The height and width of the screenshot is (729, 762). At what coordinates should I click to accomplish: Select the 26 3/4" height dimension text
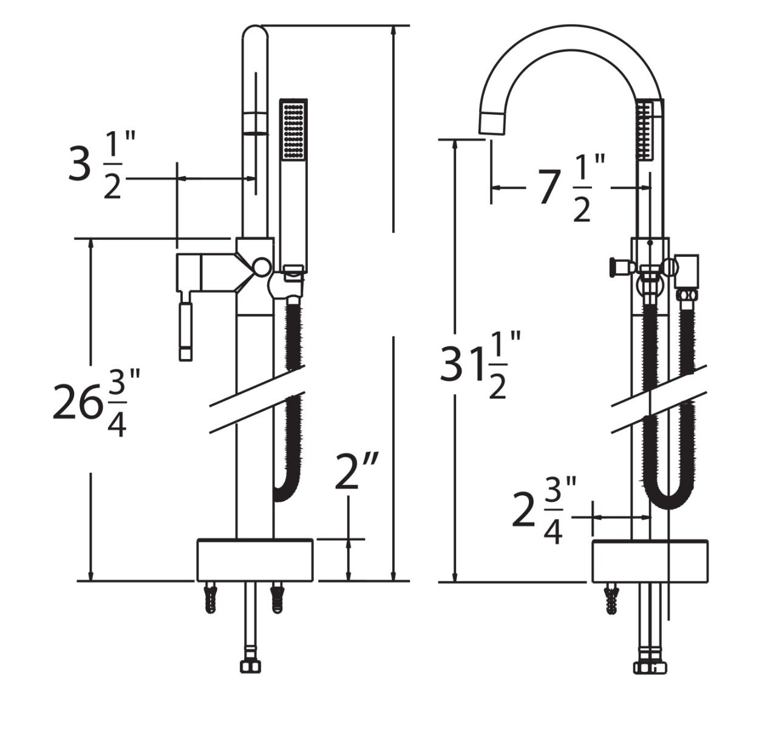pos(97,402)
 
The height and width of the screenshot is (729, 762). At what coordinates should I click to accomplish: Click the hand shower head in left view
pos(294,130)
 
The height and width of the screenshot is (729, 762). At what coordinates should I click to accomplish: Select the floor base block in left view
pos(255,560)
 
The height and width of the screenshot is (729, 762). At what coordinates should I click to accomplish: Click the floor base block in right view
pos(650,561)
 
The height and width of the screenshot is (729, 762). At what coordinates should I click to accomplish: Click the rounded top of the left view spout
pos(255,33)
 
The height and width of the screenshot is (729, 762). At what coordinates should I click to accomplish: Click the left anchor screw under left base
pos(211,598)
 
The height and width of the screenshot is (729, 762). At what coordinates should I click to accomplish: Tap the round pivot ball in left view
pos(262,266)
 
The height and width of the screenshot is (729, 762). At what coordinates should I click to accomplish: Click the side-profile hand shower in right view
pos(645,131)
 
